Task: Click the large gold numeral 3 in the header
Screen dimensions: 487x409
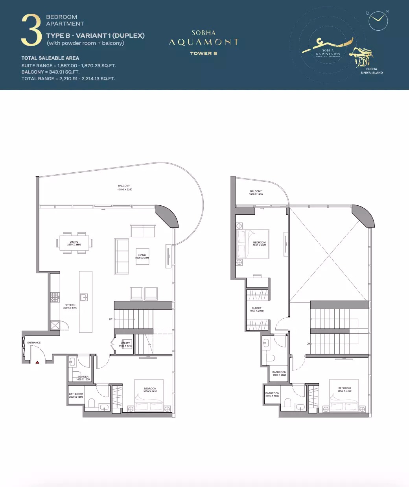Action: pos(31,30)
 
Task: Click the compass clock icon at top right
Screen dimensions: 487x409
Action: pos(378,21)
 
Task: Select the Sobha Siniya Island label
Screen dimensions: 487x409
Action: pos(371,71)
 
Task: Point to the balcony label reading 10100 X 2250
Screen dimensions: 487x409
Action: pos(124,188)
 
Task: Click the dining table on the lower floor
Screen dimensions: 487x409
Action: pos(74,243)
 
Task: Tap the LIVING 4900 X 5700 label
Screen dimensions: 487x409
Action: pos(142,256)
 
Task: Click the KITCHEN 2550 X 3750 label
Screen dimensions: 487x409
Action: pos(70,306)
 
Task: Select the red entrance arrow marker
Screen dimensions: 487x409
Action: pos(37,362)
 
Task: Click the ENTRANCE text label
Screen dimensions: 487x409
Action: pos(34,343)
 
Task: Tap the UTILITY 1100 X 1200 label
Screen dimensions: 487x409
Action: pos(125,345)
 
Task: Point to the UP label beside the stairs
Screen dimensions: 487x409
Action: pos(111,319)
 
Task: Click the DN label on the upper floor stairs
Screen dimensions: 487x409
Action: pos(309,344)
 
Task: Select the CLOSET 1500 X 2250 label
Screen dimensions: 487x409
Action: pos(257,310)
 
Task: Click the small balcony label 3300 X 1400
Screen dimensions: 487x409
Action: pos(256,193)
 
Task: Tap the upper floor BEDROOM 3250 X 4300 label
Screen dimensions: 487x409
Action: pos(259,244)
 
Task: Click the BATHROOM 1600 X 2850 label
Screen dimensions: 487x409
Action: pos(279,373)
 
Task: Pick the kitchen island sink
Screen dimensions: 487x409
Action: pos(84,297)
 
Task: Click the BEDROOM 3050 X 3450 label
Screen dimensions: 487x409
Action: pos(150,390)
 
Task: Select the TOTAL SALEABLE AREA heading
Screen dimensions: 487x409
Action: pos(50,58)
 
